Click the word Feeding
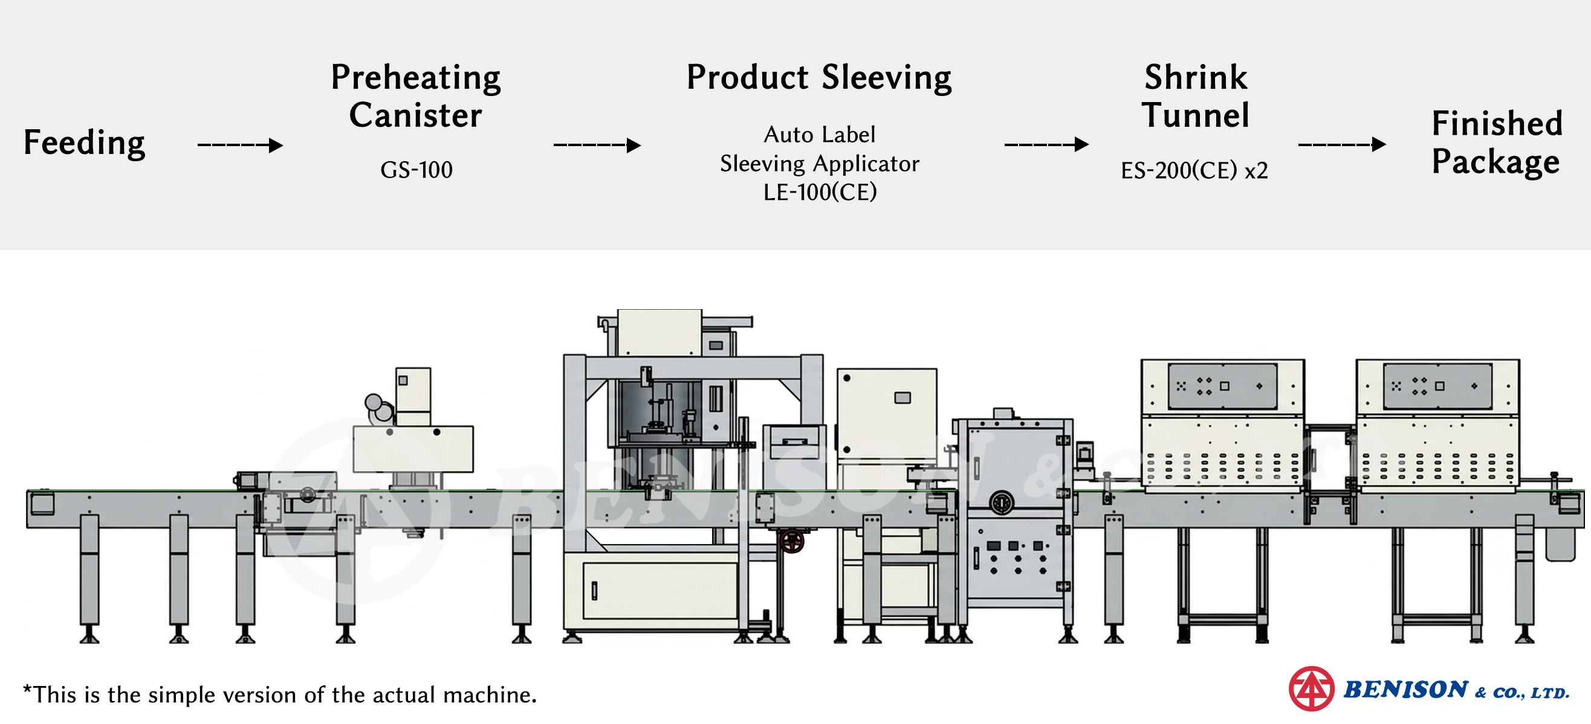(85, 143)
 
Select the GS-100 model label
(416, 170)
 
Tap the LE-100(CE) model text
(820, 192)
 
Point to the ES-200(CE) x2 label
(1194, 170)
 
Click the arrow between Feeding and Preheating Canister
(240, 145)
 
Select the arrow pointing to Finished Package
(1342, 144)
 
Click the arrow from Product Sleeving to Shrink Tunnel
(1046, 144)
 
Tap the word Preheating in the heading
(416, 79)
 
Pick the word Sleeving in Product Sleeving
(886, 78)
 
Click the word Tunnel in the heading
(1195, 115)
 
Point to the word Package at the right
(1495, 162)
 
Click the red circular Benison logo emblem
(1311, 689)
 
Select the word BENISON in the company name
(1405, 690)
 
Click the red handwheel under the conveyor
(792, 541)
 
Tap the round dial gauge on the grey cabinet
(1001, 503)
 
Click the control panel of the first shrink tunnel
(1222, 386)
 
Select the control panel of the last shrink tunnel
(1437, 386)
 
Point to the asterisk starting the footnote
(27, 690)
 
